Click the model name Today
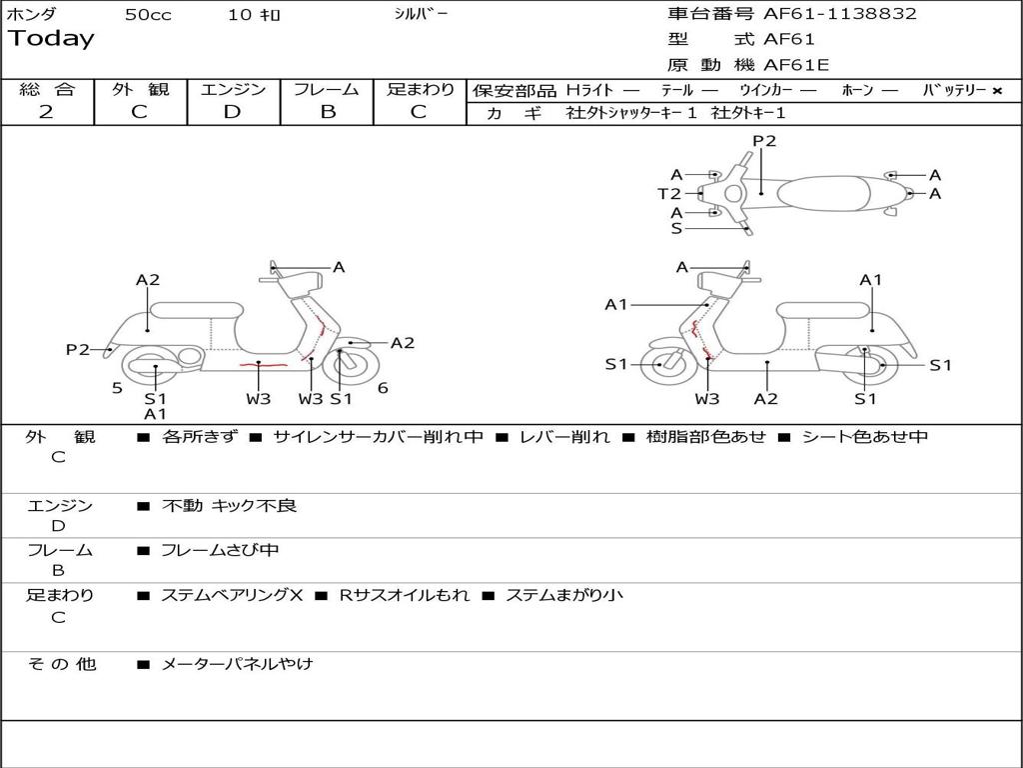pos(51,39)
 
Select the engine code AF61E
pos(796,66)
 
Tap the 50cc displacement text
pos(147,15)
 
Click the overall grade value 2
pos(46,112)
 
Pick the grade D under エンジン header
pos(232,112)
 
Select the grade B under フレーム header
pos(327,112)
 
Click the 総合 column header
pos(47,90)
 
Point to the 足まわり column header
pos(420,90)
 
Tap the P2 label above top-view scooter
pos(764,141)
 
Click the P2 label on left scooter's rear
pos(78,350)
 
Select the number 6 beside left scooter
pos(383,389)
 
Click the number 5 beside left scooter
pos(117,389)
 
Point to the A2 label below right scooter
pos(766,399)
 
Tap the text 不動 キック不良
pos(229,506)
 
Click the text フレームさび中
pos(220,550)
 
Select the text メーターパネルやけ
pos(237,664)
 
